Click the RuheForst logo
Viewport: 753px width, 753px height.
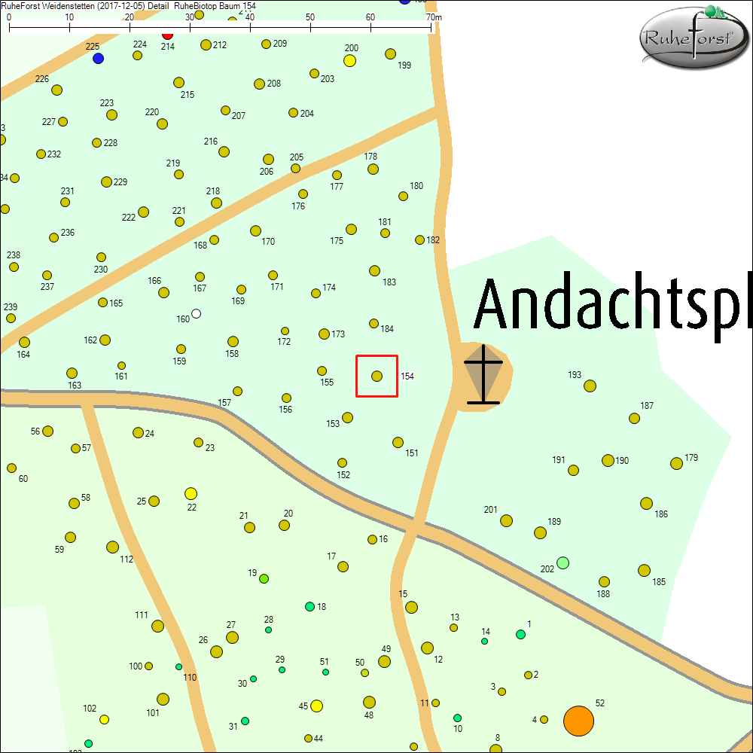pos(693,38)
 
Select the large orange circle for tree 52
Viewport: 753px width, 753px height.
pos(578,721)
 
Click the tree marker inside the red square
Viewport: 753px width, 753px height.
pos(377,376)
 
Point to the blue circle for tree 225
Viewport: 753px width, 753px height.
pos(98,58)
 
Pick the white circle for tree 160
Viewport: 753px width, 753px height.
pos(197,313)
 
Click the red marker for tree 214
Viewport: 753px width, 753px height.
pos(168,35)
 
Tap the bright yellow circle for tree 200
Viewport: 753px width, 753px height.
pos(349,60)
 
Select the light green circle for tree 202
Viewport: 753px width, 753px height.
pos(562,562)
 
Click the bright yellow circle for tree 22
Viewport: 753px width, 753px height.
pos(191,494)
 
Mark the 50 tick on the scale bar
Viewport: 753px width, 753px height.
pos(310,29)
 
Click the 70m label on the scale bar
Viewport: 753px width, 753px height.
pos(434,17)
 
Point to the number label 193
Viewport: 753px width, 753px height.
pos(575,375)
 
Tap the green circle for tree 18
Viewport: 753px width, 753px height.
pos(309,606)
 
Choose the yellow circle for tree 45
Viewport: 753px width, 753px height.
pos(316,706)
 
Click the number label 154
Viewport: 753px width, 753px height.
pos(407,376)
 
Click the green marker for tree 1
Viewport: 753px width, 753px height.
pos(520,634)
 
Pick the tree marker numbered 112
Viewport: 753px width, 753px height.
pos(112,547)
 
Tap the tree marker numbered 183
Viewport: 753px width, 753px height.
pos(374,270)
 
